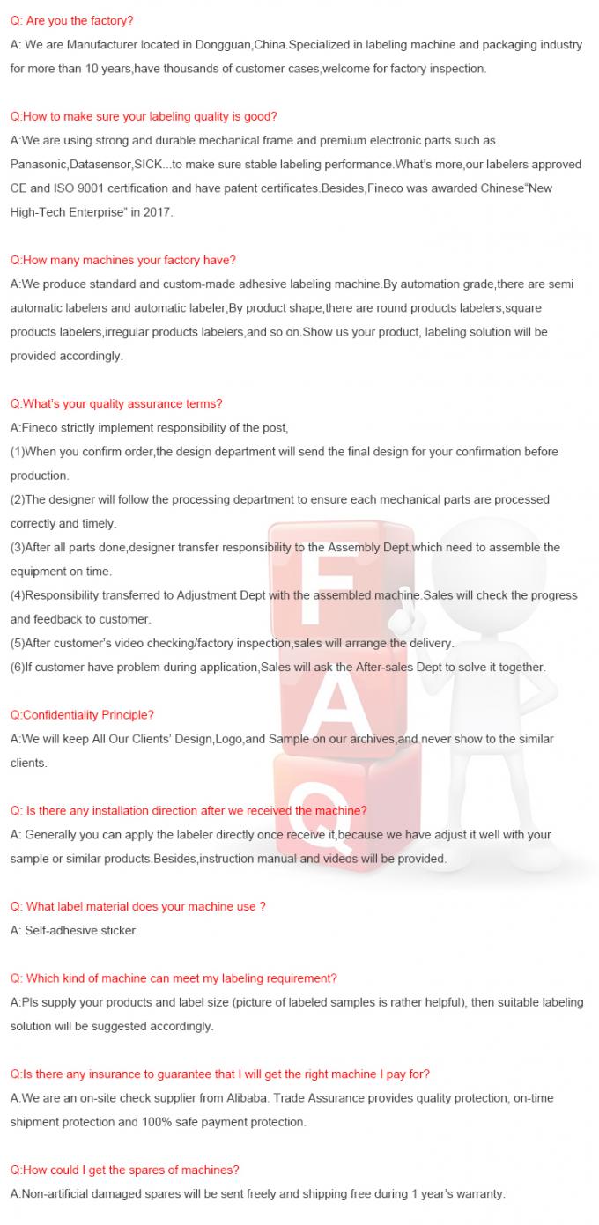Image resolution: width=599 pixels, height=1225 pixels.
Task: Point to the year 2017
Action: (x=159, y=212)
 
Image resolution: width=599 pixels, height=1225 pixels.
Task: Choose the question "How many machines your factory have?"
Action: (x=122, y=260)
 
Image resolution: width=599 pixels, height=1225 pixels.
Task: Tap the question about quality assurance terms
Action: (x=116, y=403)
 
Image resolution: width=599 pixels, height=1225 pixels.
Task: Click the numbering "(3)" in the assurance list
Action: (x=18, y=547)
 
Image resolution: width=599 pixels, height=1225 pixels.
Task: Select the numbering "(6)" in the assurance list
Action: (x=18, y=667)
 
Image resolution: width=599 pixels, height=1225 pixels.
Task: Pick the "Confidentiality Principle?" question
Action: (x=82, y=714)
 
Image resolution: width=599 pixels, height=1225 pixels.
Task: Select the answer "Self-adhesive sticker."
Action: (x=74, y=930)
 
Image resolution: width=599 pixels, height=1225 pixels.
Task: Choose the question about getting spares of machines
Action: (x=124, y=1170)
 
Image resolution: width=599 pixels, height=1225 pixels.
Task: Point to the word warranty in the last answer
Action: (x=478, y=1194)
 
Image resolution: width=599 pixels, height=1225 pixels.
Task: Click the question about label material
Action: (x=137, y=906)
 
